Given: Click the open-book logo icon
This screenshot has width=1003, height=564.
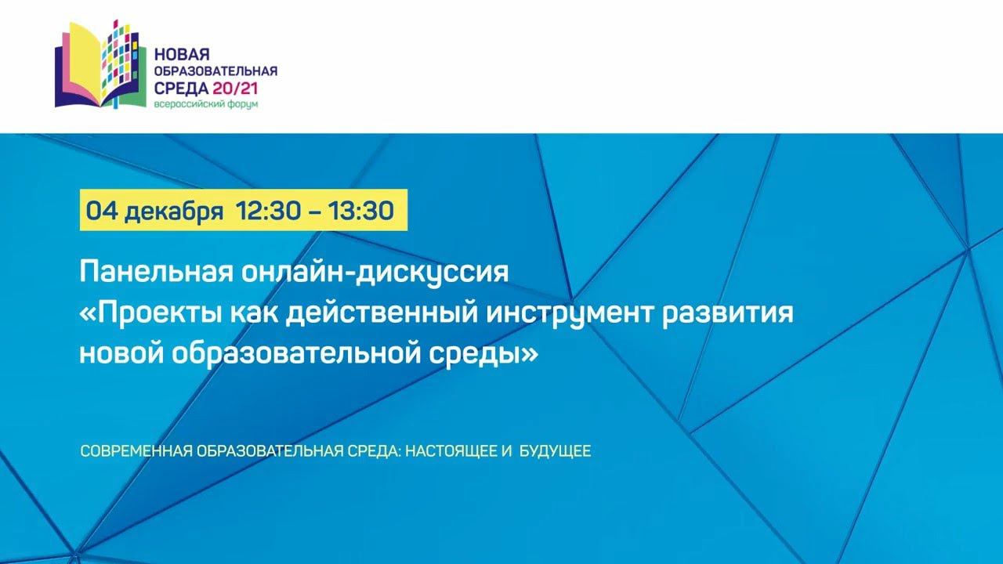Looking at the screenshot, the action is pos(101,64).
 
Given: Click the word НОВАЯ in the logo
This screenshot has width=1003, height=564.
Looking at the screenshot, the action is pos(183,55).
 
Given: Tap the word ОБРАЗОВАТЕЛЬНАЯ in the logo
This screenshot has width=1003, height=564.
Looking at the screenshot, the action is pos(215,71).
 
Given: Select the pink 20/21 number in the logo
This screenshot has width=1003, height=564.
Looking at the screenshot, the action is pos(236,89).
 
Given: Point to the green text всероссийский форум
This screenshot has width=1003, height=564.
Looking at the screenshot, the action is pos(206,104).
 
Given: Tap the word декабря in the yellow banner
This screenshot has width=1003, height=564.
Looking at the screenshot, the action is pos(174,211).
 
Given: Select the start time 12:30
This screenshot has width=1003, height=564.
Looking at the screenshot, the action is pos(269,211).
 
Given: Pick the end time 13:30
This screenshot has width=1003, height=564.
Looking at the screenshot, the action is pos(361,211).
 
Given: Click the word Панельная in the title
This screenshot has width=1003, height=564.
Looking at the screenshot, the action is pos(157,271).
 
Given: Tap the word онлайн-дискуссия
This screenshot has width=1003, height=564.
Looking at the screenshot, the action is pos(375,271).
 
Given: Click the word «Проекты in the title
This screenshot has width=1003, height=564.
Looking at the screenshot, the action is pos(151,313).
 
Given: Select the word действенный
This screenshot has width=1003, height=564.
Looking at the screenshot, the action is pos(382,312).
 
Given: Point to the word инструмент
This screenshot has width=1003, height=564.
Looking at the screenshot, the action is pos(570,313).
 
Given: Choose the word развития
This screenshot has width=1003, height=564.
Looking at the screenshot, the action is pos(727,313).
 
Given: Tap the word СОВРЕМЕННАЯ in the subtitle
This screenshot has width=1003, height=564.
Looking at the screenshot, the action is pos(136,450).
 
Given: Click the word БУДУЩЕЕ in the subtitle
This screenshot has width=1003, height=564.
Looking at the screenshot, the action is pos(555,450).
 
